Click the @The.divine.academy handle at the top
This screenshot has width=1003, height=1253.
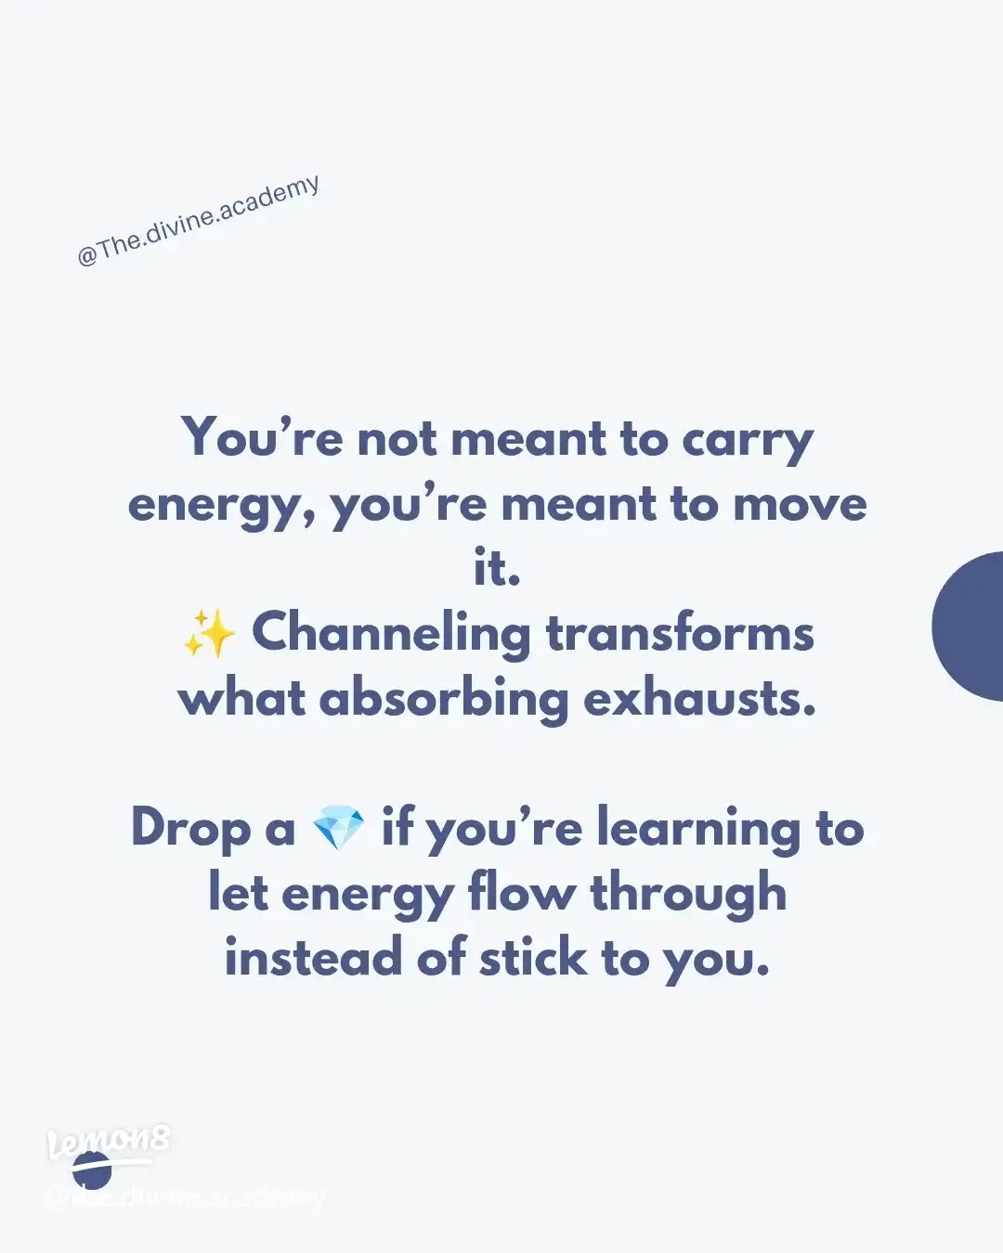[199, 222]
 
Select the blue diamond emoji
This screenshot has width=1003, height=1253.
[338, 828]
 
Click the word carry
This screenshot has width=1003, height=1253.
[748, 440]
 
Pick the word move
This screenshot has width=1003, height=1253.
[800, 505]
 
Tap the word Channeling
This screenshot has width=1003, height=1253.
[391, 634]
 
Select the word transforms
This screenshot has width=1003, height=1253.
[680, 634]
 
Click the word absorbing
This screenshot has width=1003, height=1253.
[443, 700]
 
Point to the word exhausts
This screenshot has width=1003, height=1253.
[699, 699]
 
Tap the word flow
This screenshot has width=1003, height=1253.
[521, 894]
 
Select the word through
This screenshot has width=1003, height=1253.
[688, 894]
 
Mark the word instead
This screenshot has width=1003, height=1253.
[313, 958]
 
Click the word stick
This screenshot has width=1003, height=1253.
[533, 958]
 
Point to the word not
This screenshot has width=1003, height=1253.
[397, 439]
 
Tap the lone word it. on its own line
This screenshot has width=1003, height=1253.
[497, 568]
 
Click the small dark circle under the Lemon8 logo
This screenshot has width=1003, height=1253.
[92, 1172]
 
